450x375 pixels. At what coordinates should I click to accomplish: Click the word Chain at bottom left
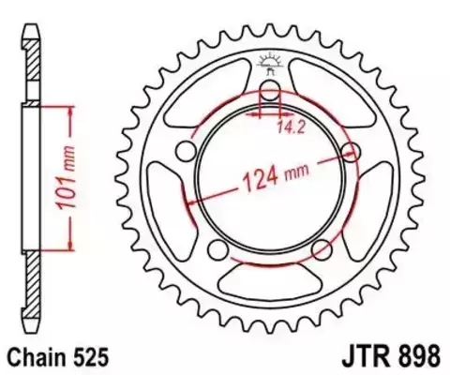pos(38,357)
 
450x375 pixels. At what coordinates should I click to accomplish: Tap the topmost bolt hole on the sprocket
pos(270,92)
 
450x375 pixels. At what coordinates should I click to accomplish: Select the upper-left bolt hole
pos(186,152)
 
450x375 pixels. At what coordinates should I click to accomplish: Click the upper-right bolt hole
pos(353,152)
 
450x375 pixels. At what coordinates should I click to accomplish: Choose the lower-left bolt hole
pos(217,249)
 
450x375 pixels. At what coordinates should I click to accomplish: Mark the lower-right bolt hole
pos(322,249)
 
